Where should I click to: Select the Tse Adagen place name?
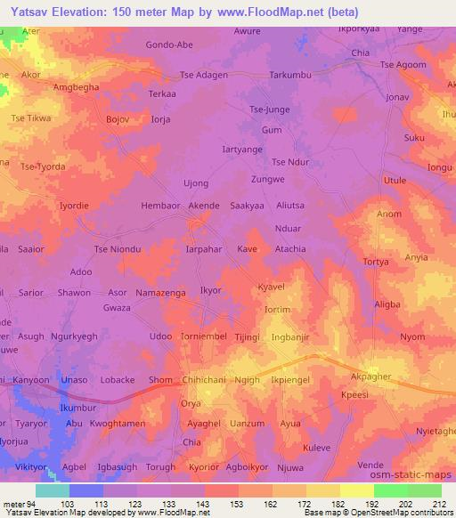click(204, 75)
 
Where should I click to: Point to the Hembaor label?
click(160, 206)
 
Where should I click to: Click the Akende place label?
click(203, 206)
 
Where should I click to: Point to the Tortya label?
click(378, 262)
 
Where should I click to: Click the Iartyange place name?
click(241, 149)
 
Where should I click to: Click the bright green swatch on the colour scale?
click(390, 490)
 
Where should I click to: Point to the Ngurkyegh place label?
click(74, 336)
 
